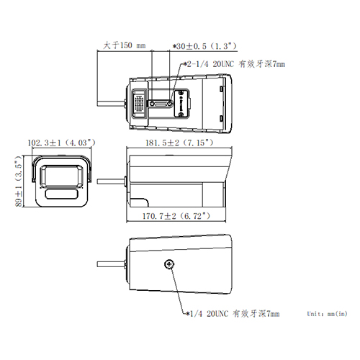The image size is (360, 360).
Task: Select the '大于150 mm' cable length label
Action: point(123,45)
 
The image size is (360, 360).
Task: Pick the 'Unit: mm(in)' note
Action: point(327,315)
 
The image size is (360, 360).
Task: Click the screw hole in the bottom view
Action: point(170,264)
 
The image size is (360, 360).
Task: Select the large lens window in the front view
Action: point(63,176)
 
